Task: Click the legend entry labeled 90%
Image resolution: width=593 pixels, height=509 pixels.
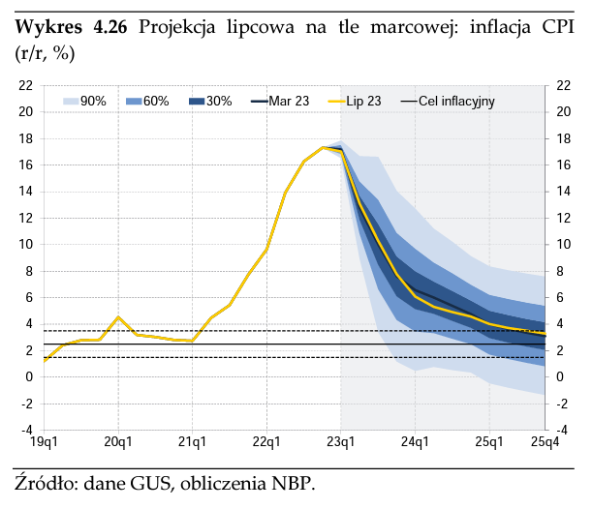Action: point(85,101)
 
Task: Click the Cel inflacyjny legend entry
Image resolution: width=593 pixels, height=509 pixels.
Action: point(446,101)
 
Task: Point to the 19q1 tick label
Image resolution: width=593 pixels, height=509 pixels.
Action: point(45,442)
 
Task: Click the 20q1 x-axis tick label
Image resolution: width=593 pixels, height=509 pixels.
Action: point(118,442)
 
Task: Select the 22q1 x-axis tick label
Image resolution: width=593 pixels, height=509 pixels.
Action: point(266,442)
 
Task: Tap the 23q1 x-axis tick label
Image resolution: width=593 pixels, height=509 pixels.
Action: point(340,442)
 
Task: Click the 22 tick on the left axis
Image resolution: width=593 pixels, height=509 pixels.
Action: point(26,86)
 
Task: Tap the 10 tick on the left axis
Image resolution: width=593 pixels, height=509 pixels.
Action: point(26,245)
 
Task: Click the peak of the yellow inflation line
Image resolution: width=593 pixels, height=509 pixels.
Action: point(323,147)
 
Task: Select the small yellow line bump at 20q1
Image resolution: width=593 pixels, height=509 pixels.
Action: point(118,317)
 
